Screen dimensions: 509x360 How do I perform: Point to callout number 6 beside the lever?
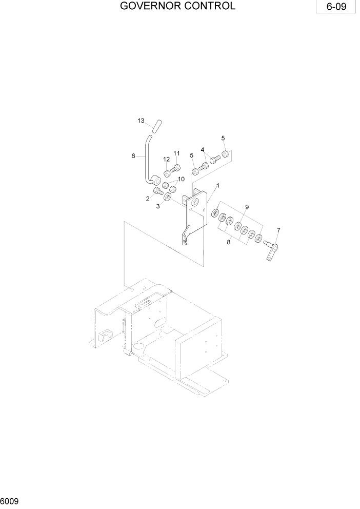click(x=133, y=156)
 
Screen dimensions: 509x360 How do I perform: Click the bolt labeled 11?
click(x=175, y=169)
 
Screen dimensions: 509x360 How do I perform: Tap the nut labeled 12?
click(x=167, y=172)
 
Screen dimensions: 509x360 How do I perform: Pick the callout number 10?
click(x=181, y=179)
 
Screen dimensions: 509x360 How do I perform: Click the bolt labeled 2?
click(x=158, y=192)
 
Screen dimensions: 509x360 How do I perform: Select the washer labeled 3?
click(x=168, y=198)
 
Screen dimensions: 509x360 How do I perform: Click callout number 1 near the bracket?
click(x=218, y=185)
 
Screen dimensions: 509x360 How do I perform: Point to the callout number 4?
click(x=203, y=150)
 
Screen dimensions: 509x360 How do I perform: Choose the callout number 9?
click(x=247, y=207)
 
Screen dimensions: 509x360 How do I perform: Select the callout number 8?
click(x=229, y=241)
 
